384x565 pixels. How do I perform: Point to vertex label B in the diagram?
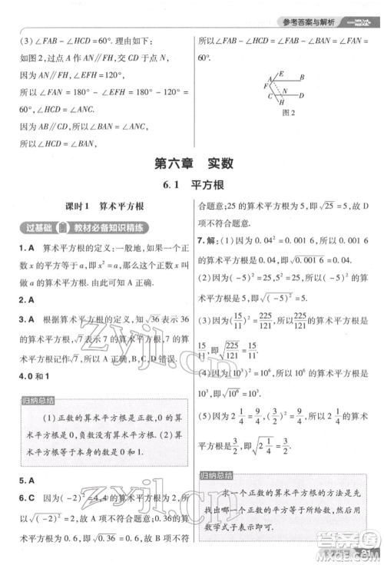point(303,77)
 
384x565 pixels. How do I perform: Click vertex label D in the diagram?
point(302,95)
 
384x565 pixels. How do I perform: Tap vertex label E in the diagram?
point(280,74)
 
